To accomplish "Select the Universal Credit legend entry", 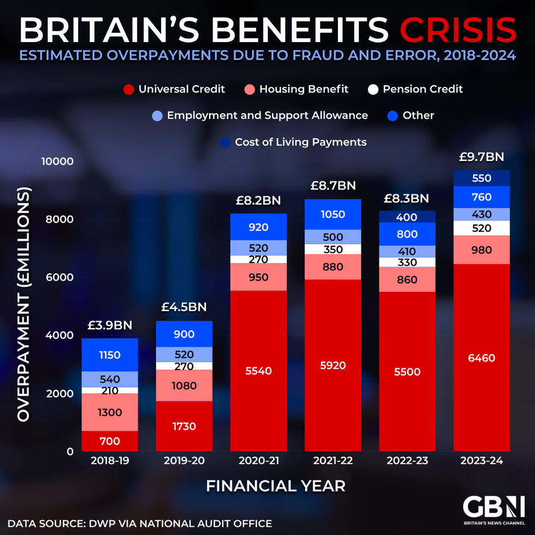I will point(175,89).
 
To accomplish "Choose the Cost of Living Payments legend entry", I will point(294,142).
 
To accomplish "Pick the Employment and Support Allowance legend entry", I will point(260,116).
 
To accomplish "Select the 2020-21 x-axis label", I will point(258,461).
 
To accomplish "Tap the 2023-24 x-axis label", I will point(481,461).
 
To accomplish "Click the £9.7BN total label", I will point(481,157).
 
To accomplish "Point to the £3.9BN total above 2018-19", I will point(110,326).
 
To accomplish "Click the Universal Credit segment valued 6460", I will point(481,358).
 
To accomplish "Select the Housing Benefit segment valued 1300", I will point(110,413).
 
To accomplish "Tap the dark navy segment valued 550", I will point(481,178).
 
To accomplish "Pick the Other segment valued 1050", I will point(332,215).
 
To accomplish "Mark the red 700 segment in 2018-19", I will point(110,441).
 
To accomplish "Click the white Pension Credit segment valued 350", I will point(332,249).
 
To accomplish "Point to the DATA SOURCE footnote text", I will point(140,524).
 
